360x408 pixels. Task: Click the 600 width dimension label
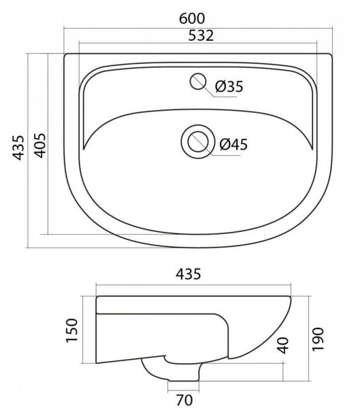(192, 19)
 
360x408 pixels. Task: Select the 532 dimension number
(201, 35)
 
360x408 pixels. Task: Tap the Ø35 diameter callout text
(229, 86)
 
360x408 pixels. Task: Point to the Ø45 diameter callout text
(233, 144)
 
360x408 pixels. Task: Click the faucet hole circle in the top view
(198, 81)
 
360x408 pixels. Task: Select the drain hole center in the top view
(198, 142)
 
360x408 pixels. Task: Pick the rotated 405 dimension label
(40, 146)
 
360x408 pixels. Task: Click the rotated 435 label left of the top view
(19, 148)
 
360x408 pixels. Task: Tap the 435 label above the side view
(189, 274)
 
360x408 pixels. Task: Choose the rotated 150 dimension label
(72, 330)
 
